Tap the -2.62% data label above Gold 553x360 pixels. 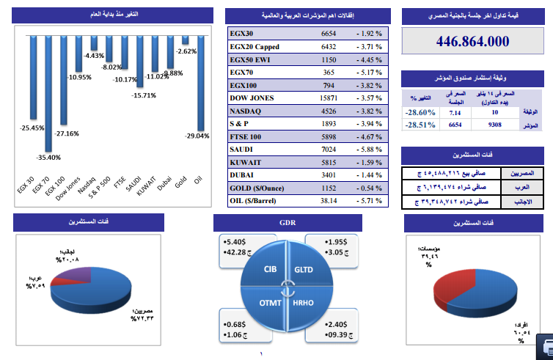pos(187,51)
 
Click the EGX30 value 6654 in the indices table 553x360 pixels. pos(329,34)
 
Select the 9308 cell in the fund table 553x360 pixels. pos(494,125)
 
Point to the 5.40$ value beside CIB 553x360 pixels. pos(237,241)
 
